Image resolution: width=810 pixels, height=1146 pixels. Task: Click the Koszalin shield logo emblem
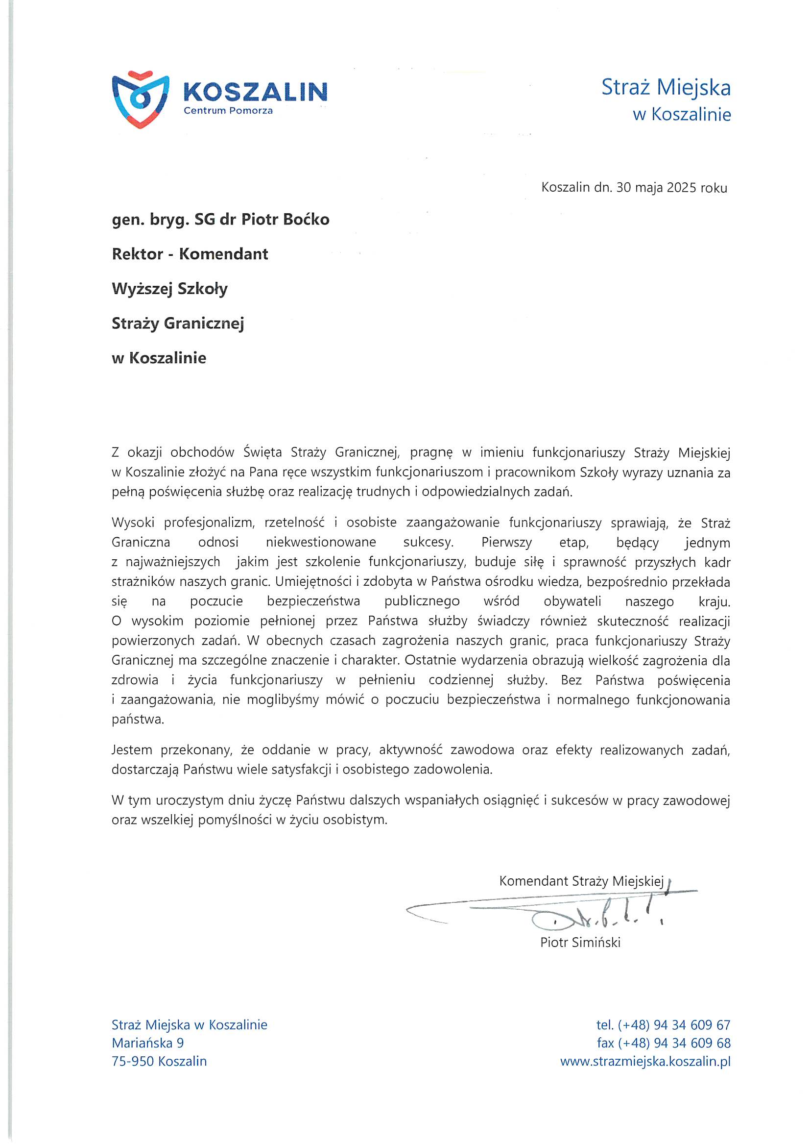140,100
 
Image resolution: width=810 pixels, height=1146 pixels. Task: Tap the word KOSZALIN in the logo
255,92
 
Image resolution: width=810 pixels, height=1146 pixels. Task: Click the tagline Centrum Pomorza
228,111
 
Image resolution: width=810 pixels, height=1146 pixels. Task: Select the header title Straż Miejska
666,87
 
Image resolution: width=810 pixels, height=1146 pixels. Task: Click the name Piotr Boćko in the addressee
286,220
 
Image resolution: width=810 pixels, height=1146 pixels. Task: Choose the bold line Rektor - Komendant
190,254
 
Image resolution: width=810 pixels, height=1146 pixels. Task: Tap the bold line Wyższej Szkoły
169,289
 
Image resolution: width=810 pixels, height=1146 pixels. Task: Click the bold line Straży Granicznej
178,324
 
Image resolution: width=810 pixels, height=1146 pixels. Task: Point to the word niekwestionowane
321,542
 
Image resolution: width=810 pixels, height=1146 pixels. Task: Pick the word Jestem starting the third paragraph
132,749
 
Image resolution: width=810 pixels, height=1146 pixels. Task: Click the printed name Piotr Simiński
580,943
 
